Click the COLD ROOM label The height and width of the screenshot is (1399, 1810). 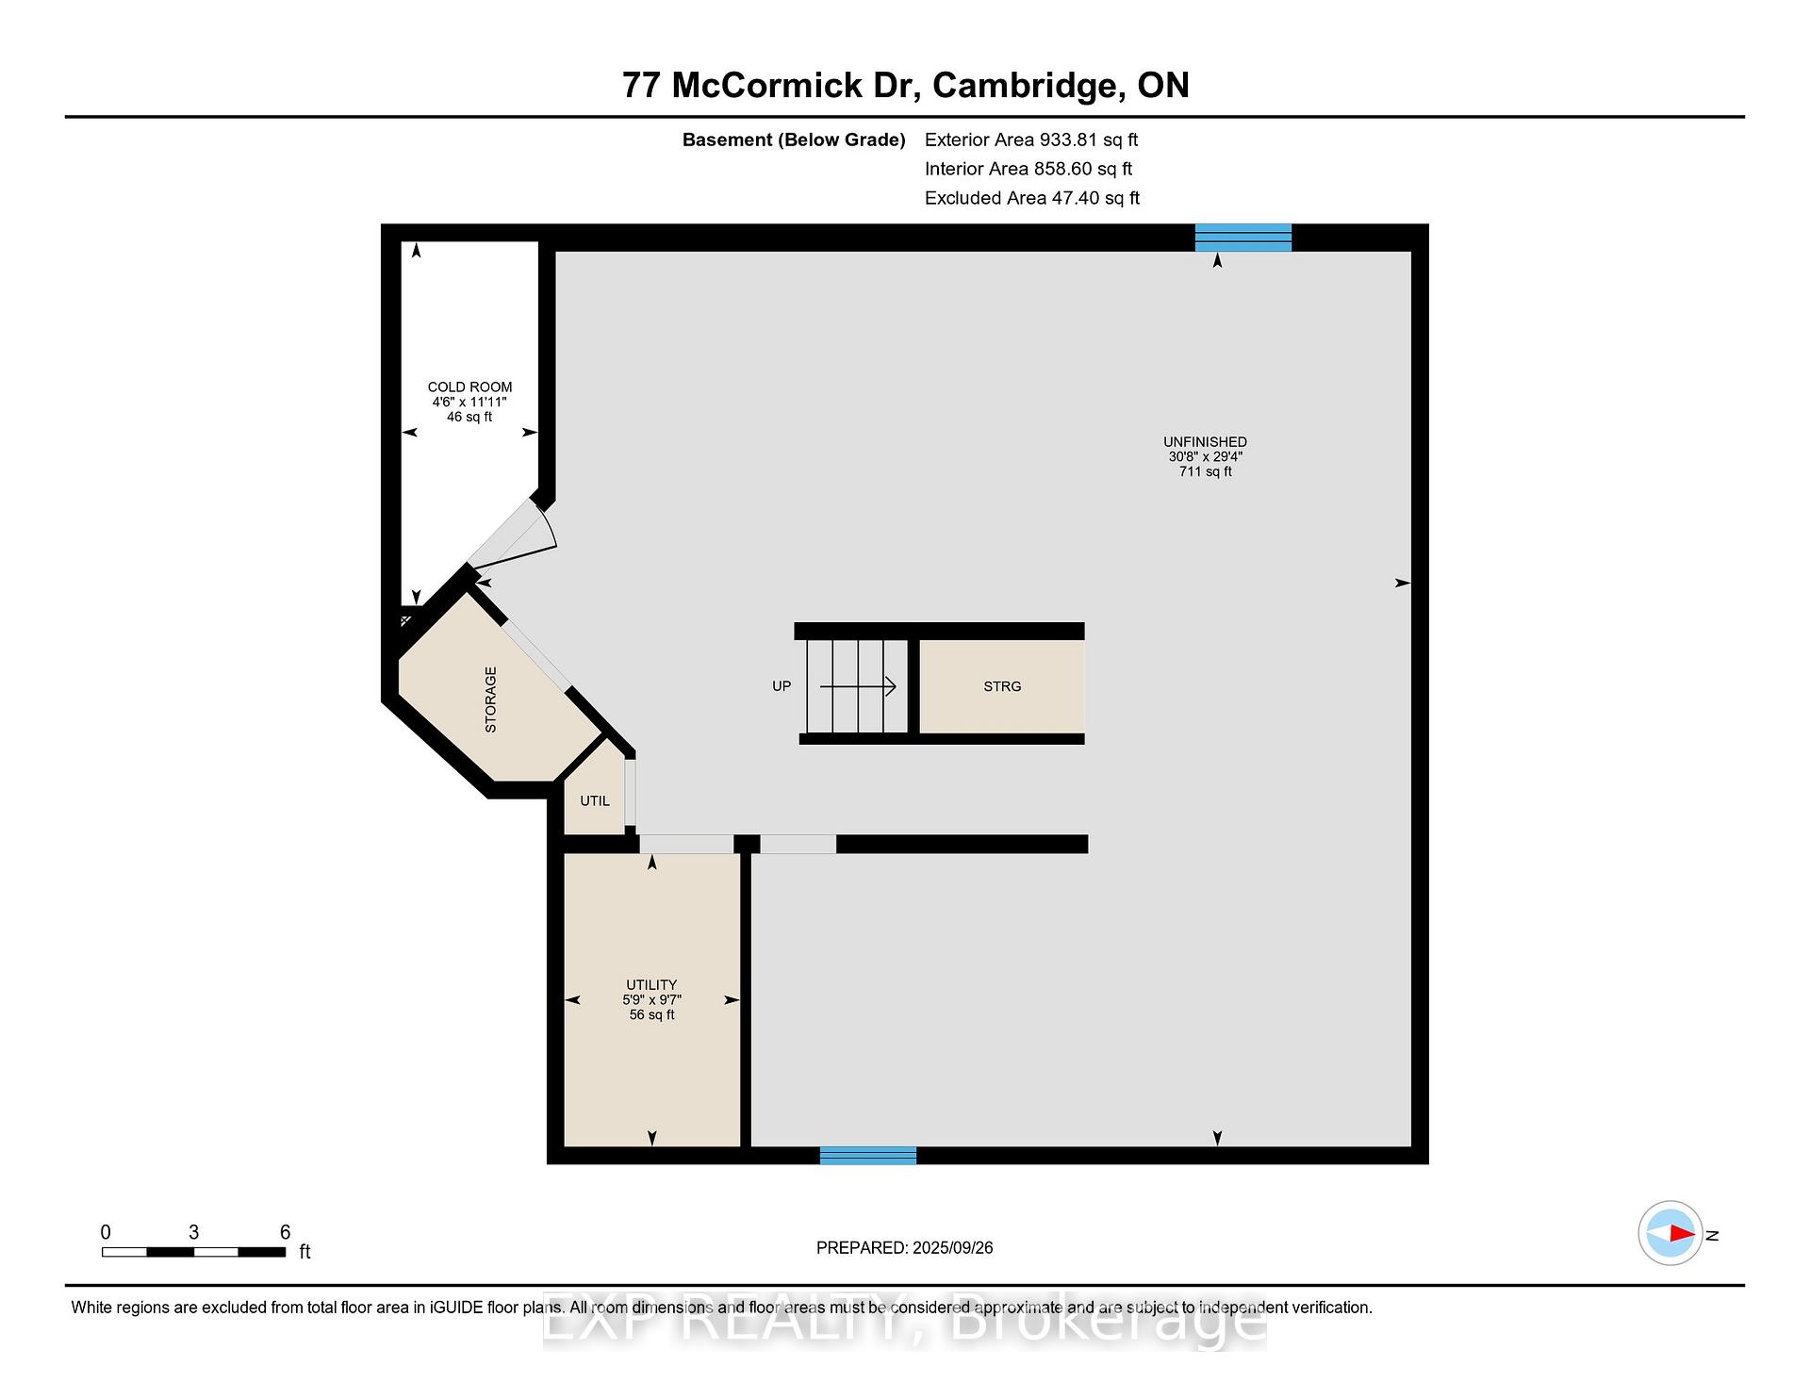pyautogui.click(x=469, y=387)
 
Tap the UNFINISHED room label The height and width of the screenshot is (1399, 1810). pyautogui.click(x=1205, y=442)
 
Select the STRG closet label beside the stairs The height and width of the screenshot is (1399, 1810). pyautogui.click(x=1002, y=686)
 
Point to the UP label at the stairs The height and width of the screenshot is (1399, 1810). pyautogui.click(x=782, y=686)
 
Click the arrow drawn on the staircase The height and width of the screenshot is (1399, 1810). pyautogui.click(x=858, y=686)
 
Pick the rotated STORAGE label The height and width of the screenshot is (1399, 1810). pyautogui.click(x=490, y=699)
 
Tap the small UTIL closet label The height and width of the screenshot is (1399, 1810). pyautogui.click(x=595, y=801)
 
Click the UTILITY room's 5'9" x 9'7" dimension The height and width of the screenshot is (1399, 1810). pyautogui.click(x=651, y=1000)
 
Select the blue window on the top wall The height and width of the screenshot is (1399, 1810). pyautogui.click(x=1243, y=238)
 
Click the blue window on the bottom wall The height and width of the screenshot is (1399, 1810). pyautogui.click(x=868, y=1156)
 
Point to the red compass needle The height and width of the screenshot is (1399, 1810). pyautogui.click(x=1683, y=1233)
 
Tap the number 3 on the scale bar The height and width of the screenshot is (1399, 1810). pyautogui.click(x=193, y=1232)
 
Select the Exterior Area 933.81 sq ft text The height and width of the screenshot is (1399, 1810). pyautogui.click(x=1031, y=140)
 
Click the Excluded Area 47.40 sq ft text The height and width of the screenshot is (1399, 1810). pyautogui.click(x=1032, y=198)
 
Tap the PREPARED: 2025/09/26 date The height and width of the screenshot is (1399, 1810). pyautogui.click(x=905, y=1248)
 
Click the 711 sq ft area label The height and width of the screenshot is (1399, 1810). pyautogui.click(x=1205, y=472)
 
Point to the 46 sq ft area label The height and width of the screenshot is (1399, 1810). pyautogui.click(x=469, y=418)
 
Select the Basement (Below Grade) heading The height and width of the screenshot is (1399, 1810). pyautogui.click(x=794, y=140)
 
